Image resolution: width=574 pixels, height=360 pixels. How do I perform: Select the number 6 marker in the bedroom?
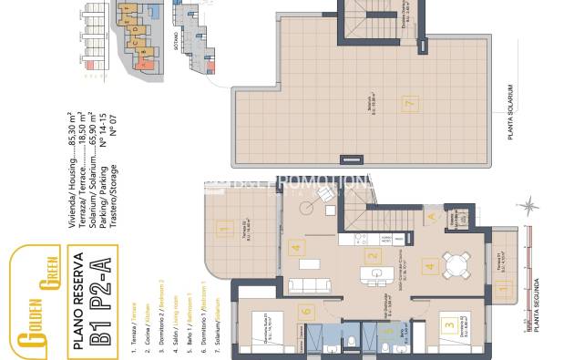click(307, 311)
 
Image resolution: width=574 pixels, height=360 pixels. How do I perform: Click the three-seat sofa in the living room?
click(308, 286)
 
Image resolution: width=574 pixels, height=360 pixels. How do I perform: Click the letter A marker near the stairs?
click(431, 216)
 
